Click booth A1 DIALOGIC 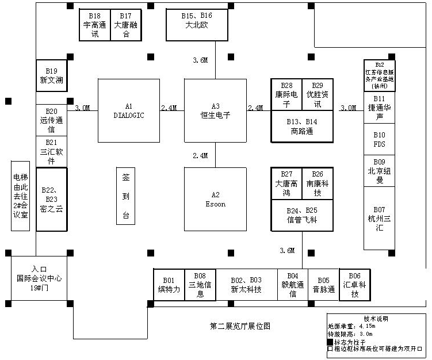128,110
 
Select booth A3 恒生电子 215,110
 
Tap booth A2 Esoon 215,199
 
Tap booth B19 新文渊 51,75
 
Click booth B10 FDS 379,139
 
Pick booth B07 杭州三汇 379,218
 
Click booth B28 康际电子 286,94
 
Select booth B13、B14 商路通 303,126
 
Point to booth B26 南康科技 318,183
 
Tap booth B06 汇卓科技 355,285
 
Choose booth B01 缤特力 169,285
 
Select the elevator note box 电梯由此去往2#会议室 20,196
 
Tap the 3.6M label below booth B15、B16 200,60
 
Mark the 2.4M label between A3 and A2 200,155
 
